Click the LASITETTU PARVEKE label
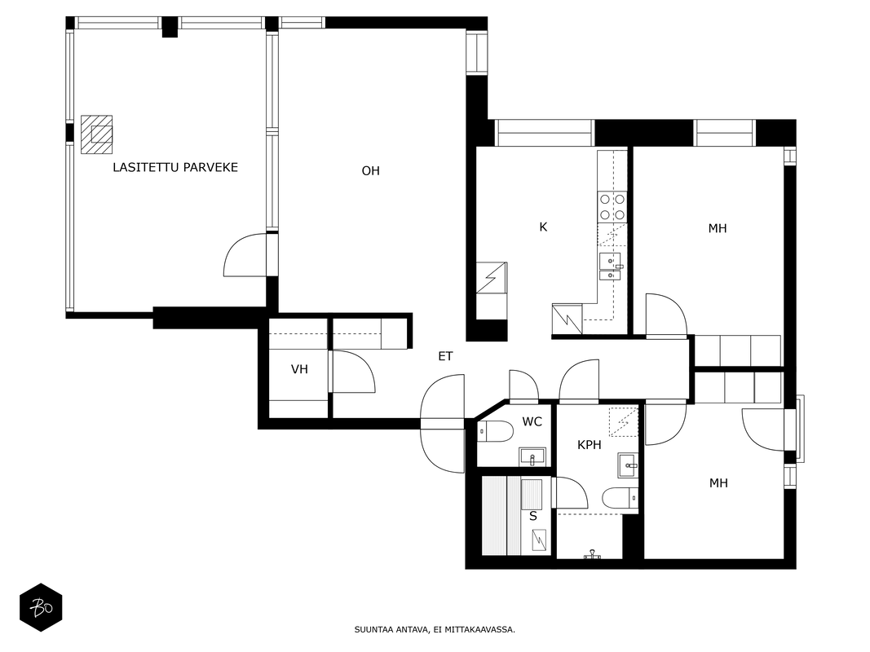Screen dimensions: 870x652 click(175, 167)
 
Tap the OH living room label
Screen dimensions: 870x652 click(371, 171)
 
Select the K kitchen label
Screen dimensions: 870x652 click(543, 227)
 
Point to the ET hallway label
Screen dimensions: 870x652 click(445, 356)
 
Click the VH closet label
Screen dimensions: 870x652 click(299, 369)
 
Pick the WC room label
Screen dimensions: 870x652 click(532, 422)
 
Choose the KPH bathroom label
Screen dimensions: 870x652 click(590, 445)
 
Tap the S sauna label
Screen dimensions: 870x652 click(533, 516)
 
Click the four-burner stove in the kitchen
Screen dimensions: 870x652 click(612, 207)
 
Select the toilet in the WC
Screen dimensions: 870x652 click(496, 431)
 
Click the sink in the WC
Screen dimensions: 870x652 click(532, 457)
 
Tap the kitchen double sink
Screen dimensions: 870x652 click(611, 267)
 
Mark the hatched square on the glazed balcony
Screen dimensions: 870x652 click(96, 134)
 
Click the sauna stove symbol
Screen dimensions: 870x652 click(539, 540)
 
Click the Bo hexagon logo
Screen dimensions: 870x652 click(41, 608)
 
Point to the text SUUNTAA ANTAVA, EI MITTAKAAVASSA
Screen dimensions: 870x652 click(435, 629)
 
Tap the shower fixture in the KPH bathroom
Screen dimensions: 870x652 click(592, 554)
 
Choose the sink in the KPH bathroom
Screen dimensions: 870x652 click(628, 465)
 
